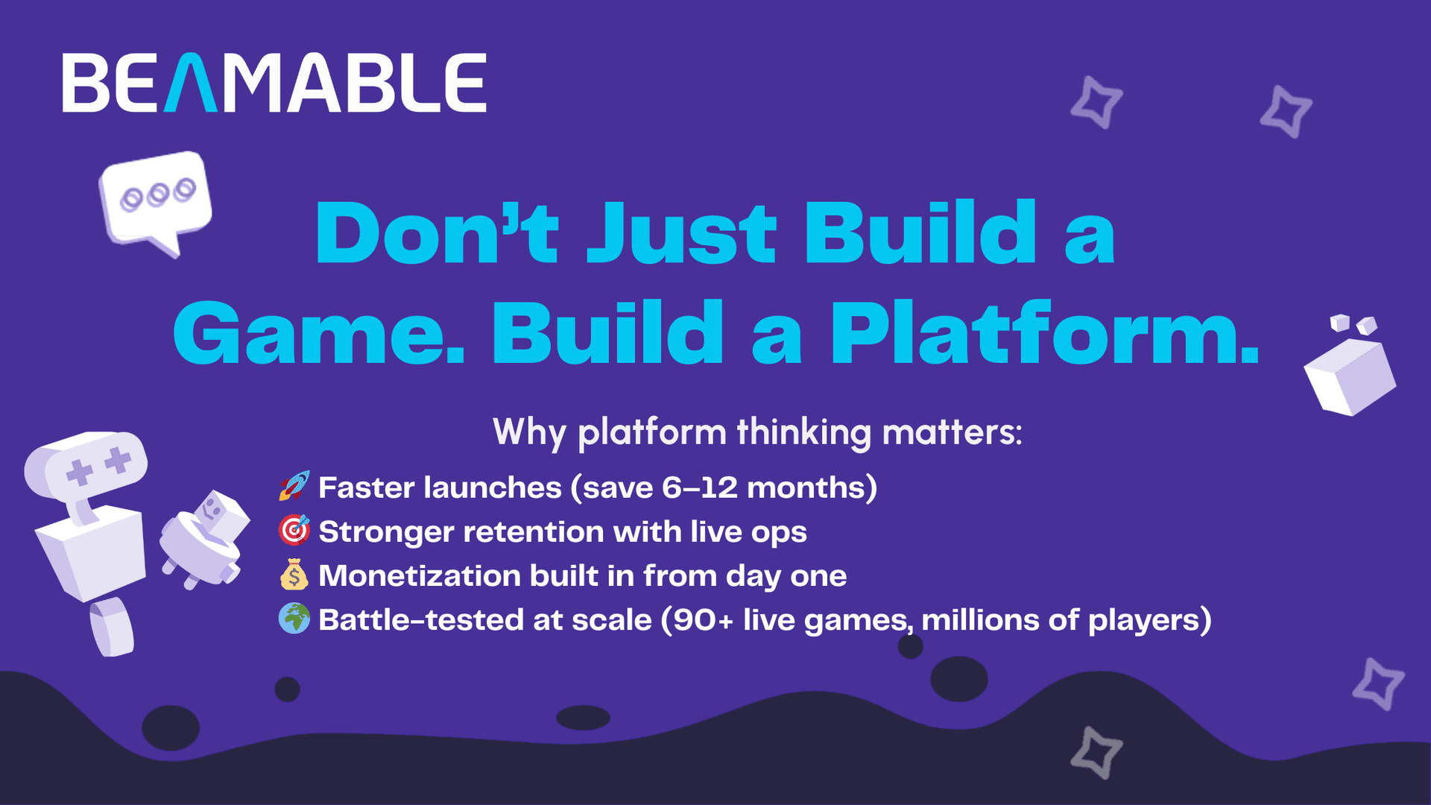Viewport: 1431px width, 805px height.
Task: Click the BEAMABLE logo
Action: pos(274,83)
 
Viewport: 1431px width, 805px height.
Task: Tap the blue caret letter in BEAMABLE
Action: pos(190,83)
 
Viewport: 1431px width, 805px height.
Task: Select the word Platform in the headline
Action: pos(1045,332)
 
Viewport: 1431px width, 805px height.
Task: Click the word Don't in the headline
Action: pos(437,233)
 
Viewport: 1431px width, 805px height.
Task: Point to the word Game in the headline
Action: pos(319,332)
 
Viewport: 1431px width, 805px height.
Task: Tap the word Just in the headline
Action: pos(682,233)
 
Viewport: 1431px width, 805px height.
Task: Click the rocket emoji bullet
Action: pos(294,486)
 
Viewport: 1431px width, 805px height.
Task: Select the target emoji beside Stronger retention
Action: pos(294,530)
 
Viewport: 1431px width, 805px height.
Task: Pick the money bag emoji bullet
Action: pos(294,575)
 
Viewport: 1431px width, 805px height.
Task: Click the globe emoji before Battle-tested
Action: pos(294,619)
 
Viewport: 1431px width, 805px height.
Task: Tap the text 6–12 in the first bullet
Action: pos(700,487)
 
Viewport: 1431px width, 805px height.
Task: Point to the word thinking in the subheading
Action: pos(804,432)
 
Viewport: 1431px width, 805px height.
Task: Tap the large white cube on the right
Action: pos(1350,376)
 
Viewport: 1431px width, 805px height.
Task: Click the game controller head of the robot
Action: pos(86,466)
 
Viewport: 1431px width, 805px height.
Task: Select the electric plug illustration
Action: pos(204,538)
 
